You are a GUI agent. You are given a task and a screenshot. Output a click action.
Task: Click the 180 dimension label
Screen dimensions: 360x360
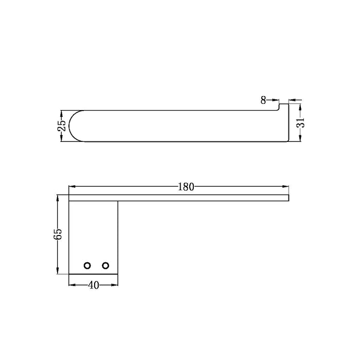click(x=186, y=187)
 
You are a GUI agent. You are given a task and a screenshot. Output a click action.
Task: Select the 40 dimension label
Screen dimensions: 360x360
click(x=94, y=285)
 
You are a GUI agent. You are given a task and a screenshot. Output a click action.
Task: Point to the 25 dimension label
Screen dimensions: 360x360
click(x=62, y=125)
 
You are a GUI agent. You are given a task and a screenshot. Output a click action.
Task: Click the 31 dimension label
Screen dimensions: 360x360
click(x=300, y=122)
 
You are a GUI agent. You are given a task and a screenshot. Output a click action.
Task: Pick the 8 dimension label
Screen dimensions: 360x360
click(x=263, y=100)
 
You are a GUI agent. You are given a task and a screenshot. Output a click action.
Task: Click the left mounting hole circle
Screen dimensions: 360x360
click(x=87, y=266)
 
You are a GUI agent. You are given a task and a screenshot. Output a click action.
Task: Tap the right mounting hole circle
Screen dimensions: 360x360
click(x=105, y=266)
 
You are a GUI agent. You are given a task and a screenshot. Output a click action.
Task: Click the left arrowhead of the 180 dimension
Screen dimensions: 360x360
click(x=72, y=186)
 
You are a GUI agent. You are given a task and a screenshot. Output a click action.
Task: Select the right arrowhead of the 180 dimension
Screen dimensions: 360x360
click(x=285, y=186)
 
